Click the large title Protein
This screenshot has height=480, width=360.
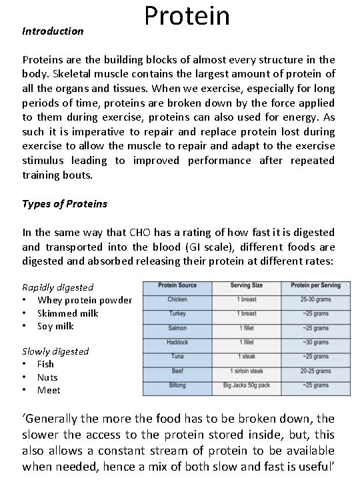pos(187,16)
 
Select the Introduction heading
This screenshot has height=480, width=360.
pos(53,31)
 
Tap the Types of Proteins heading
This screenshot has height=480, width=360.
pos(65,203)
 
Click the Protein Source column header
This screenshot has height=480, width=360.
pos(177,285)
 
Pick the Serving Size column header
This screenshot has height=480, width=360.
pos(247,285)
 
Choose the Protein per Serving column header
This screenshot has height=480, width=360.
pos(315,285)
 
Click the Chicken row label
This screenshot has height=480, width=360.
pos(177,299)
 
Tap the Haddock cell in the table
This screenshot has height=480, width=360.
pos(177,342)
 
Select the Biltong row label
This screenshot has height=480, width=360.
pos(177,385)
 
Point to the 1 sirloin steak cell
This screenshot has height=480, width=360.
pos(247,371)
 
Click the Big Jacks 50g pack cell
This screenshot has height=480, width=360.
pos(247,385)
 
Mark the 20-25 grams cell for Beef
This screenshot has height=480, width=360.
pos(315,371)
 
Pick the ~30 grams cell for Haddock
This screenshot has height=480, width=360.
pos(315,342)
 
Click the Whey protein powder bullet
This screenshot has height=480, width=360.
pos(85,300)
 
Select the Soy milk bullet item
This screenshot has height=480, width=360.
pos(55,326)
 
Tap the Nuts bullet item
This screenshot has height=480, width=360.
pos(47,377)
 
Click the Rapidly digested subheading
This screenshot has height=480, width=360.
pos(58,287)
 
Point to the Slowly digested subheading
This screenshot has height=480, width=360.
pos(55,351)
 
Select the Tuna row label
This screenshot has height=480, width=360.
pos(177,357)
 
